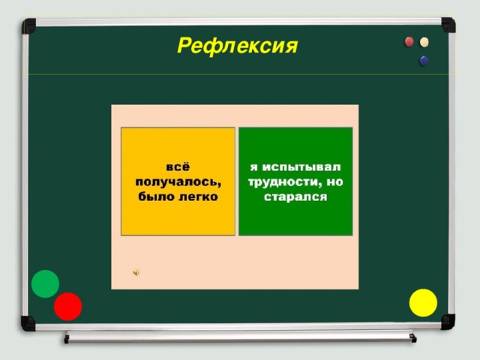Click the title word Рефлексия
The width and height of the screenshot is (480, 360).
[x=237, y=47]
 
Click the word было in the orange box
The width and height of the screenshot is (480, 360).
[x=155, y=196]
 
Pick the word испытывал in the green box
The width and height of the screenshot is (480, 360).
[x=301, y=166]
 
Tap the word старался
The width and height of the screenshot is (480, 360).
[x=296, y=197]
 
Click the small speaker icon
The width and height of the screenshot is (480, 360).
[x=135, y=272]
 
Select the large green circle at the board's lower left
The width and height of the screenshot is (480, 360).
[x=45, y=283]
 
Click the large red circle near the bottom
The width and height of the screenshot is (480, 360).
[x=67, y=306]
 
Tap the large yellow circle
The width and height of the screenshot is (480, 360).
[x=423, y=302]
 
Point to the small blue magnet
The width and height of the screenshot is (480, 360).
[x=424, y=60]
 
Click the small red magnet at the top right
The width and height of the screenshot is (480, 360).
[x=409, y=42]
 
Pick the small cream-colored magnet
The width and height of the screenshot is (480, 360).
[x=425, y=43]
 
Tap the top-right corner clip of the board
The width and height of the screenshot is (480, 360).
[x=448, y=24]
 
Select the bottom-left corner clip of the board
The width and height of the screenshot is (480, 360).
[x=28, y=322]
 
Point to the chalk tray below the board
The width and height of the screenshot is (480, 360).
[x=240, y=337]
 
